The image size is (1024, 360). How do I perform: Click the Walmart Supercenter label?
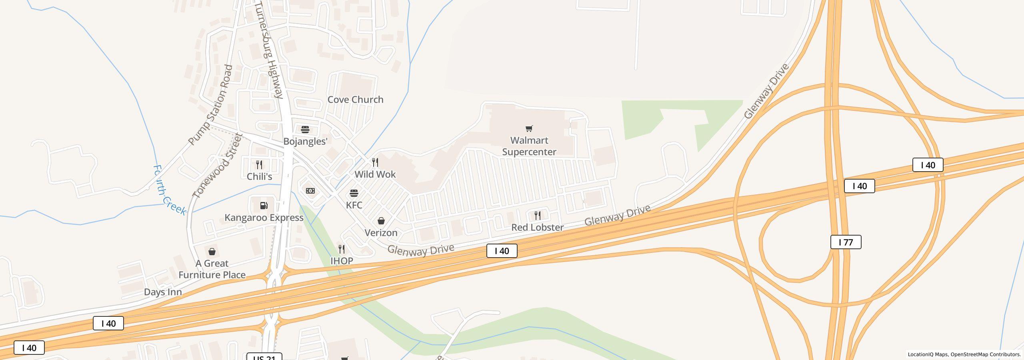(x=529, y=146)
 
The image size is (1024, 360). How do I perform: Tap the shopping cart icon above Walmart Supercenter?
(x=529, y=128)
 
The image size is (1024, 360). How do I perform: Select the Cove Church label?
(x=355, y=100)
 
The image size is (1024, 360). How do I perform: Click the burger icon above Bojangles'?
(x=305, y=130)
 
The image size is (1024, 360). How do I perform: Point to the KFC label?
(x=354, y=205)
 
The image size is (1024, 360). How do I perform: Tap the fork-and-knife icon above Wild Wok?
(x=375, y=162)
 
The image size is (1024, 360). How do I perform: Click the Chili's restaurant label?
(x=259, y=177)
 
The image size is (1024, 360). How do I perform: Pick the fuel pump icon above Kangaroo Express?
(x=264, y=206)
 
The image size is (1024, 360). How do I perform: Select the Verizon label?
(x=381, y=233)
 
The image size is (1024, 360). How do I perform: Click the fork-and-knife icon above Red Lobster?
(x=538, y=216)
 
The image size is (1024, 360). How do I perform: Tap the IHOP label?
(x=342, y=261)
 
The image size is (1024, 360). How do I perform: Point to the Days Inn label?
(x=163, y=292)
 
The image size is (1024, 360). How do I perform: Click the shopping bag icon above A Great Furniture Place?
(x=212, y=252)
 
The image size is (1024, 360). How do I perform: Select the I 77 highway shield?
(x=846, y=242)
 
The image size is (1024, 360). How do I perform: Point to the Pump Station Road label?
(x=210, y=105)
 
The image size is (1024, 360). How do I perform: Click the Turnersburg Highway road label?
(x=269, y=50)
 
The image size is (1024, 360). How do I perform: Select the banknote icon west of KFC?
(x=310, y=191)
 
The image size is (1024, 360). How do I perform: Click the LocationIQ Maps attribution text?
(x=964, y=354)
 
